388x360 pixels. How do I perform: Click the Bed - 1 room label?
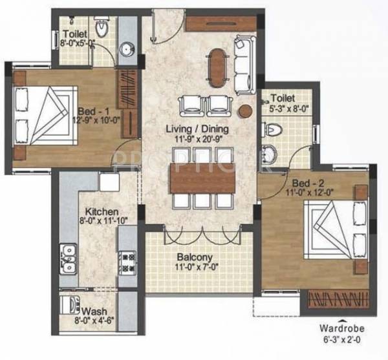pos(93,109)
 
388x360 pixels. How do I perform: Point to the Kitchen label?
pos(99,211)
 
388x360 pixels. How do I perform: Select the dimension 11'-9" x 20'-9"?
pos(197,139)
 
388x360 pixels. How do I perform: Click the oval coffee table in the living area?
pos(217,65)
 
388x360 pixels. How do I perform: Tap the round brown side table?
pos(246,111)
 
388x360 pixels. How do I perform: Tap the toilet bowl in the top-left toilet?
pos(102,28)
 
